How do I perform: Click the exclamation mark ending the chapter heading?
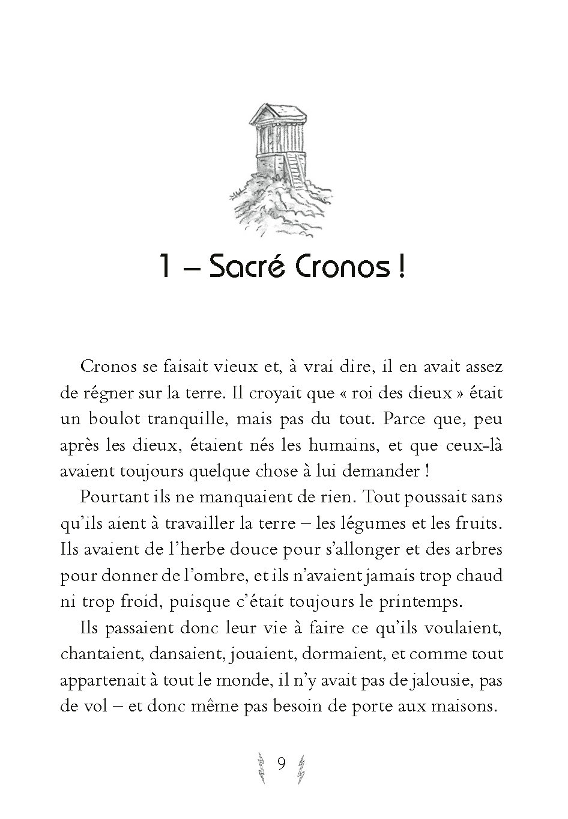[400, 268]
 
